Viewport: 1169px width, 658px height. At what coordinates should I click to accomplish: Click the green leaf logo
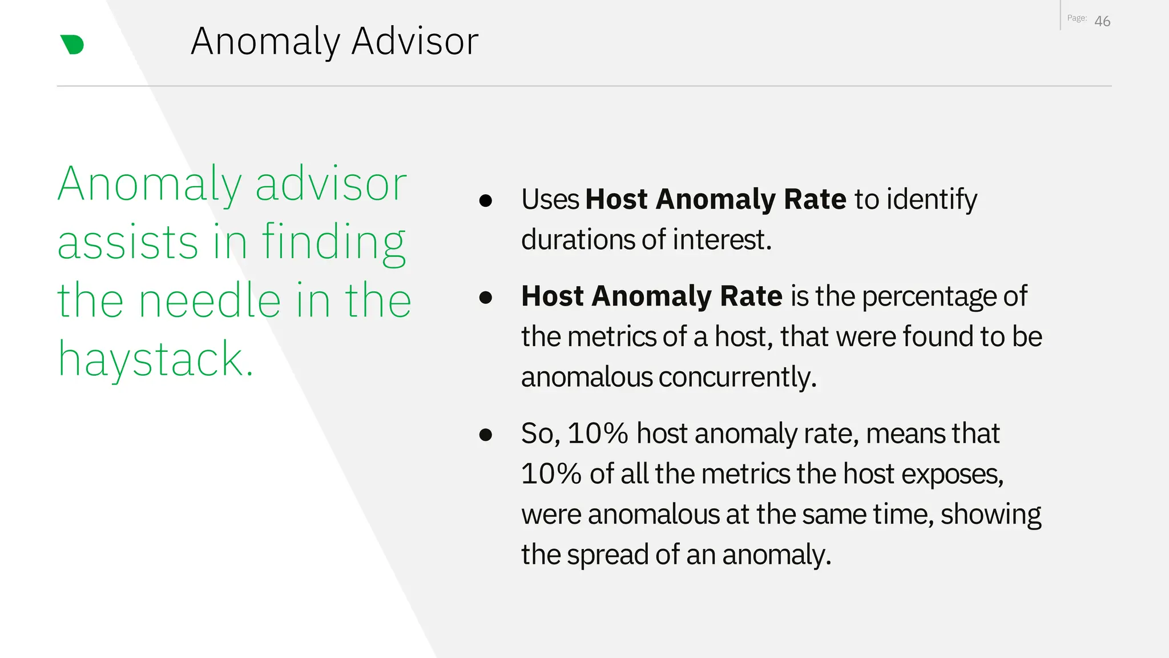(x=72, y=45)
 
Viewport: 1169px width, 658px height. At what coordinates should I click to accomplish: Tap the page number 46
(x=1102, y=22)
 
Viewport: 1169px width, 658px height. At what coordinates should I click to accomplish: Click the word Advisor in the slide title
(x=414, y=42)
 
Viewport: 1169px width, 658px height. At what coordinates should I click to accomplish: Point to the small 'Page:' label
(x=1077, y=18)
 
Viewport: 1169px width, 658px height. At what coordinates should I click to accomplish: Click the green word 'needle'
(x=210, y=300)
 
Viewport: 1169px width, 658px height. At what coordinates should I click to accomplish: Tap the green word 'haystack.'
(x=155, y=359)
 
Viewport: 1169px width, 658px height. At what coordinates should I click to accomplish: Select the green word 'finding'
(x=334, y=243)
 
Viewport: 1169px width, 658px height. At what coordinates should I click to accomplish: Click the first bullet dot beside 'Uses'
(x=486, y=200)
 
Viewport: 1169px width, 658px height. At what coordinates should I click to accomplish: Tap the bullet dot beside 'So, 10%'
(x=486, y=435)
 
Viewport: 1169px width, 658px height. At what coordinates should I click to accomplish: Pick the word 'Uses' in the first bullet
(x=550, y=200)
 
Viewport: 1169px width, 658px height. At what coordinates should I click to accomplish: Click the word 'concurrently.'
(x=737, y=377)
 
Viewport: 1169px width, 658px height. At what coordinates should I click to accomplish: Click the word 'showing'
(x=991, y=514)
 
